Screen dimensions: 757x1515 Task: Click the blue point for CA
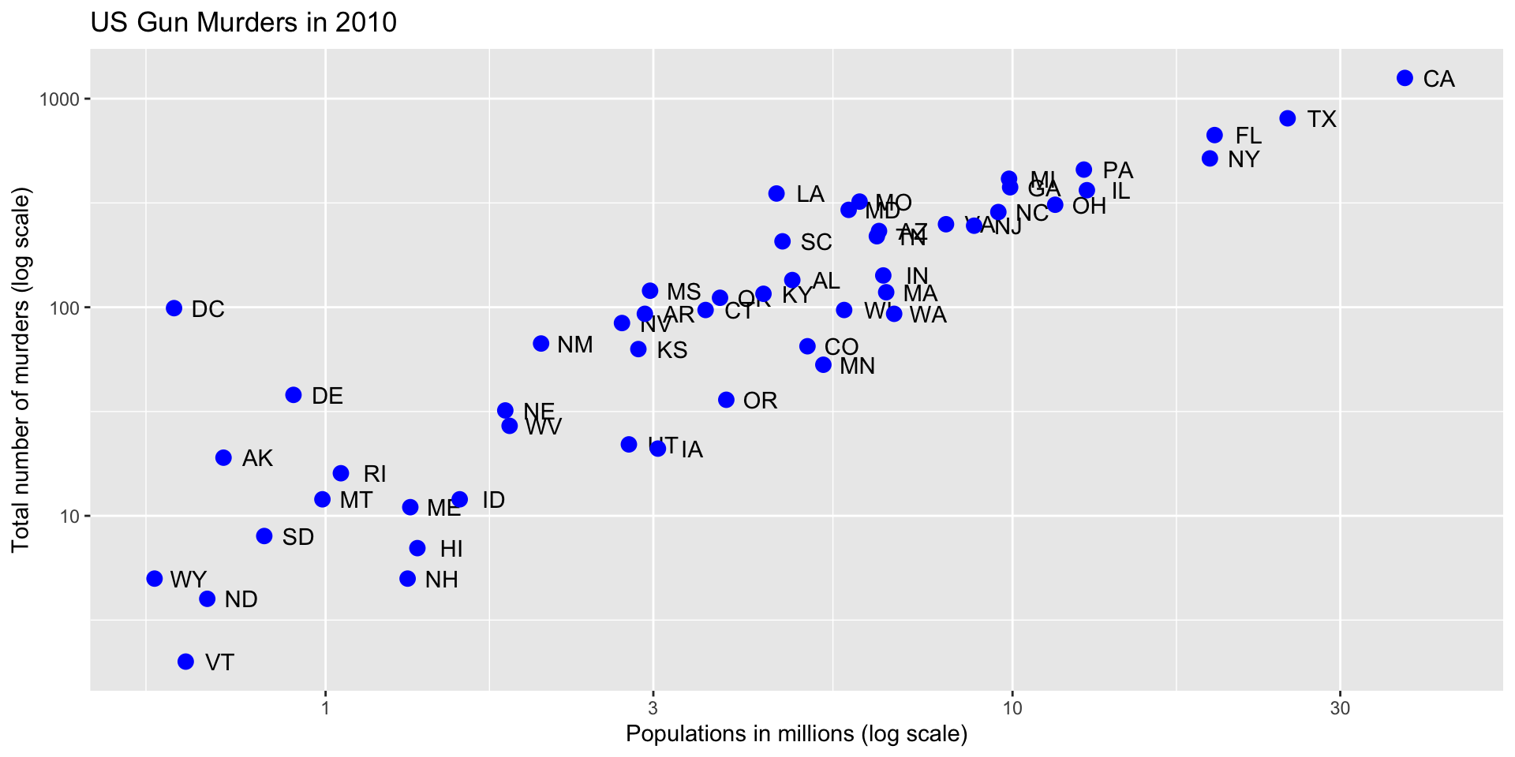1405,78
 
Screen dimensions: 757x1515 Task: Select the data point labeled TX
1288,118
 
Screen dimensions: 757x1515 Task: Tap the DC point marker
174,308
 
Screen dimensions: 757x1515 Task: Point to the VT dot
185,662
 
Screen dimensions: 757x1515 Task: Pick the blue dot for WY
155,579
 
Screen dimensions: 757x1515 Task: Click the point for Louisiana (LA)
776,194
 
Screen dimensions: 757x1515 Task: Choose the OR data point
726,400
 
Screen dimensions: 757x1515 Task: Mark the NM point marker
541,344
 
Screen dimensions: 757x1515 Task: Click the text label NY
1244,160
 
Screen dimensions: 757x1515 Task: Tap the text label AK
257,459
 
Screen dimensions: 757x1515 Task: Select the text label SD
298,538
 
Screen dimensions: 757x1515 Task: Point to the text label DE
327,397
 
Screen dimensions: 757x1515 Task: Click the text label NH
441,580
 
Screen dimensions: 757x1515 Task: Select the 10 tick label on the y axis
69,516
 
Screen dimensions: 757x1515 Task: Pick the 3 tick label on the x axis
653,709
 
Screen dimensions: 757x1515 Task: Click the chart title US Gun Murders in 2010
244,22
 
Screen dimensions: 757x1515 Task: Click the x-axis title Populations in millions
796,734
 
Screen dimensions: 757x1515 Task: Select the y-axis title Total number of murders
21,370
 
